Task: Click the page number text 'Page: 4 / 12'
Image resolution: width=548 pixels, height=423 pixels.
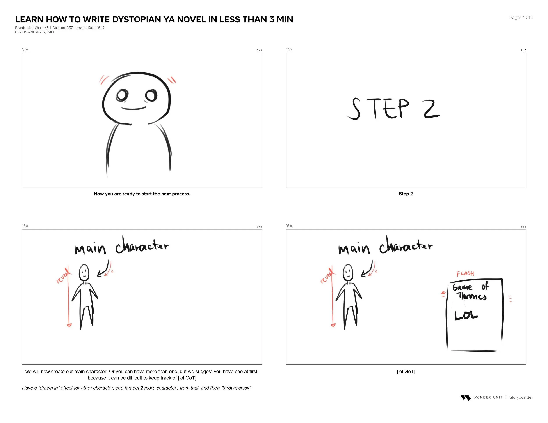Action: [x=521, y=18]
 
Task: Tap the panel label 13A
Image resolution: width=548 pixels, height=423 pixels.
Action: [x=25, y=50]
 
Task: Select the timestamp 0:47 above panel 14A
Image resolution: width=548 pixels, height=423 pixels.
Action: [x=523, y=51]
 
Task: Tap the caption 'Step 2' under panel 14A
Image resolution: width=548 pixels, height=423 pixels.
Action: [x=406, y=194]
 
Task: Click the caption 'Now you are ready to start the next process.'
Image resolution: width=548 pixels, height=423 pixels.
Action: [x=142, y=194]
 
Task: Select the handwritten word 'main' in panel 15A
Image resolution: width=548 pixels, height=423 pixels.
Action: [x=90, y=249]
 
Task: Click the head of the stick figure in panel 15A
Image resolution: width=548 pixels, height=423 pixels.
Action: [x=84, y=273]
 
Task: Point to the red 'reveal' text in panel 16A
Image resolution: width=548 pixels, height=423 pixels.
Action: [x=326, y=276]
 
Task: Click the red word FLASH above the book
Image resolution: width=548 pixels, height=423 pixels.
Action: [x=465, y=273]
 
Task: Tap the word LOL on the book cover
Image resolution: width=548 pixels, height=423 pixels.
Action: [x=466, y=316]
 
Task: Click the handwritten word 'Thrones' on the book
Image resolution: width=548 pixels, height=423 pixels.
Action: [x=472, y=296]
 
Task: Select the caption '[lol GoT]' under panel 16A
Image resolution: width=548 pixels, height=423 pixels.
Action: [x=406, y=371]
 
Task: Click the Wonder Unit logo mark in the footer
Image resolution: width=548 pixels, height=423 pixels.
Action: [x=466, y=398]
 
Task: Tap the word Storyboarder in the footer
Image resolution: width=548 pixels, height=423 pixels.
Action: [x=521, y=397]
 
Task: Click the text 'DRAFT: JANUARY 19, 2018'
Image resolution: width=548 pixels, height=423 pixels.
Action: [x=34, y=32]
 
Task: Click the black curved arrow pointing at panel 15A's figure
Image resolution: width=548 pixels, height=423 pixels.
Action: [x=104, y=269]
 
